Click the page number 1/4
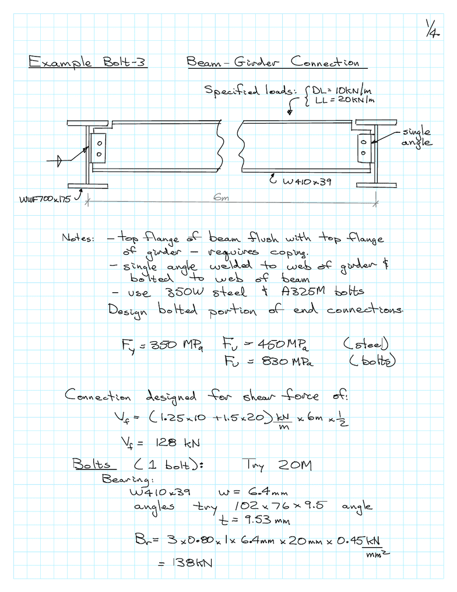433,29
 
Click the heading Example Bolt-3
87,62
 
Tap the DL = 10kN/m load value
342,91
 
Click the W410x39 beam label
307,182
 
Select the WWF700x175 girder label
45,199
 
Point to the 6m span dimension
221,197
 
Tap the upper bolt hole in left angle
99,143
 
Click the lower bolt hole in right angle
363,153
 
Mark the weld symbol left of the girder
59,161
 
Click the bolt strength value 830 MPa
287,362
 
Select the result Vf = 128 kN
160,443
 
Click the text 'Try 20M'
277,465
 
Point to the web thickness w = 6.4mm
253,492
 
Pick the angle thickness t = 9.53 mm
255,520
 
